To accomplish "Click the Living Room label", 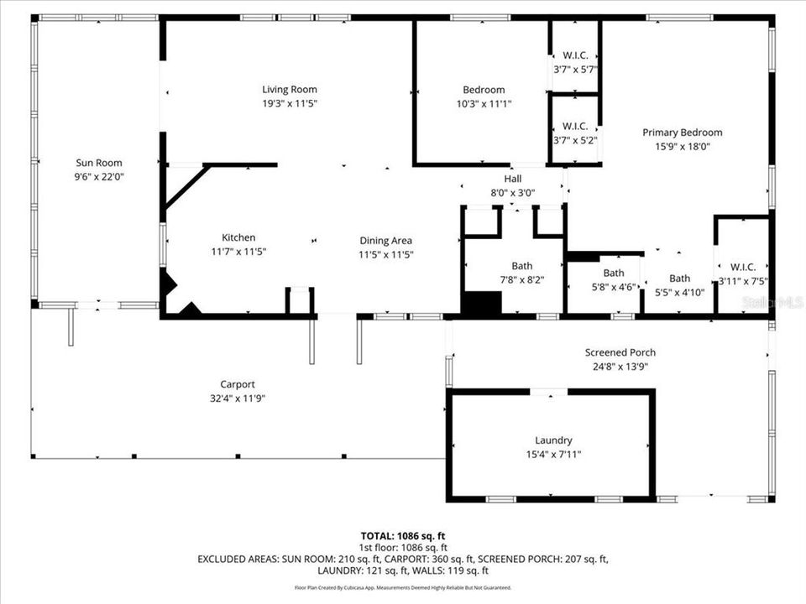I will (x=289, y=90).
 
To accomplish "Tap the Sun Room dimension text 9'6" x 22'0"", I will (x=98, y=177).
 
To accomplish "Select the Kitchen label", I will (x=238, y=237).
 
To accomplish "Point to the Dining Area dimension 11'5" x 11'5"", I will (x=386, y=254).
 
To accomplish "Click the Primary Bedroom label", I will (x=682, y=133).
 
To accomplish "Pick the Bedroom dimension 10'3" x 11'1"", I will (x=484, y=104).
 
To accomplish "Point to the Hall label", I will (x=512, y=179).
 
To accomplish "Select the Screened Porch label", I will (x=620, y=352).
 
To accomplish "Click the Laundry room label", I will (x=553, y=440).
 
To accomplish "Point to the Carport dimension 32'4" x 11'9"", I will (x=238, y=398).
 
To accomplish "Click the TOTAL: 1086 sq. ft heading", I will (x=402, y=534).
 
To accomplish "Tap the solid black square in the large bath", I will (x=481, y=304).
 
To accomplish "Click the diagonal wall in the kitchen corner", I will (x=186, y=186).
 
